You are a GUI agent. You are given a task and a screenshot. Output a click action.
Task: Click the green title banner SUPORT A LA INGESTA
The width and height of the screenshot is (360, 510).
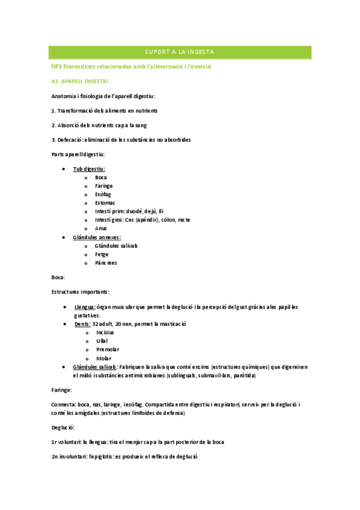pyautogui.click(x=180, y=52)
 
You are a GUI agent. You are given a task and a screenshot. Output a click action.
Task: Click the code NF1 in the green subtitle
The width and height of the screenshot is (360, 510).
pyautogui.click(x=57, y=66)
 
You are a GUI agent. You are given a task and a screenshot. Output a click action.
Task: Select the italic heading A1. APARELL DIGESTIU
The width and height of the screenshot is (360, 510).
pyautogui.click(x=79, y=81)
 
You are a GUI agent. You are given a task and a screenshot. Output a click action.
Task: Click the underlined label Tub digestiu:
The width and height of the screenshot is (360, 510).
pyautogui.click(x=89, y=169)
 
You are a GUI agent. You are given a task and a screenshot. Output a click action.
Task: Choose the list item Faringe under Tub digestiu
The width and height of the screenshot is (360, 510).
pyautogui.click(x=104, y=186)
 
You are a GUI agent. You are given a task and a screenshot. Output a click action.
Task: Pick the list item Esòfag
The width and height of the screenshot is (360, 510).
pyautogui.click(x=103, y=194)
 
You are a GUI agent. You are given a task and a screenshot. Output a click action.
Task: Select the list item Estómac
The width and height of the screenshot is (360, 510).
pyautogui.click(x=105, y=203)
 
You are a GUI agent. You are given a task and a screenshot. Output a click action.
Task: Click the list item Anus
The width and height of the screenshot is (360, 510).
pyautogui.click(x=101, y=228)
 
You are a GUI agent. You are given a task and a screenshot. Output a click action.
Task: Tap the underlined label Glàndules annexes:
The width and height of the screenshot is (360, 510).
pyautogui.click(x=97, y=237)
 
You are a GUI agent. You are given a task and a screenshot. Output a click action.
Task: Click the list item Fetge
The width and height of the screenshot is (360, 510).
pyautogui.click(x=102, y=254)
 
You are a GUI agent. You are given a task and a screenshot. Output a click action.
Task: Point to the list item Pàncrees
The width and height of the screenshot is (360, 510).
pyautogui.click(x=106, y=263)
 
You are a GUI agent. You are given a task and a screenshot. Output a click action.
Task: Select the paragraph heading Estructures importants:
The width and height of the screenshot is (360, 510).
pyautogui.click(x=80, y=292)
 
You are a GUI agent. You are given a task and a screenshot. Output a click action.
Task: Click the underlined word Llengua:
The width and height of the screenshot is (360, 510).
pyautogui.click(x=84, y=307)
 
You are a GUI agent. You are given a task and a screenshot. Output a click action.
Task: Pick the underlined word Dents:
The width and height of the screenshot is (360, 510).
pyautogui.click(x=82, y=324)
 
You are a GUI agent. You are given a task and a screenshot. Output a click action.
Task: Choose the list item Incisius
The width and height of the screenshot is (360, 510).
pyautogui.click(x=105, y=332)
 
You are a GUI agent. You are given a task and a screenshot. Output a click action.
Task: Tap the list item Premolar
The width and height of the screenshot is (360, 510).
pyautogui.click(x=108, y=349)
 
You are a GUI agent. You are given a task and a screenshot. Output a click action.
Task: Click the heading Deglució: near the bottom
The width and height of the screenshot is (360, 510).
pyautogui.click(x=63, y=427)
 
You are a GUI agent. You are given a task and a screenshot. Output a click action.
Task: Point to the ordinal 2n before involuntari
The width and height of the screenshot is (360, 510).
pyautogui.click(x=55, y=456)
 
